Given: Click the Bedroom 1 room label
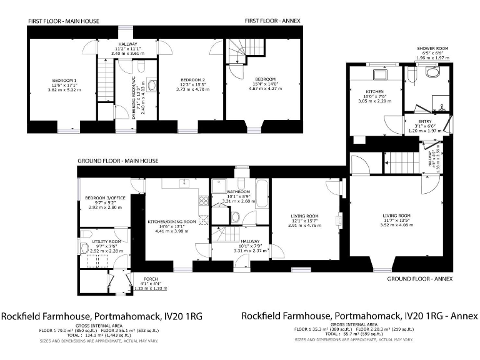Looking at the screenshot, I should (64, 81).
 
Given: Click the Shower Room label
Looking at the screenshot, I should (432, 48).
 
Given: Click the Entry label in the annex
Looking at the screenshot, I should (424, 122).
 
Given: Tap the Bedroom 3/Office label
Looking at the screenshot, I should (105, 198).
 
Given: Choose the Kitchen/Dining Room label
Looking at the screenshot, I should (171, 222).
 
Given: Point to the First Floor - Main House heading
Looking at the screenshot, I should (63, 21).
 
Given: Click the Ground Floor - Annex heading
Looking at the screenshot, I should (419, 279).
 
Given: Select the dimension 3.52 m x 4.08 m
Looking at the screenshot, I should (397, 225).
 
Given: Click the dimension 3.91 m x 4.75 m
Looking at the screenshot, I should (304, 226).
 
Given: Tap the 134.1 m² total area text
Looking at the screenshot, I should (107, 334).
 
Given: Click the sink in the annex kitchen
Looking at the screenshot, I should (379, 74).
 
